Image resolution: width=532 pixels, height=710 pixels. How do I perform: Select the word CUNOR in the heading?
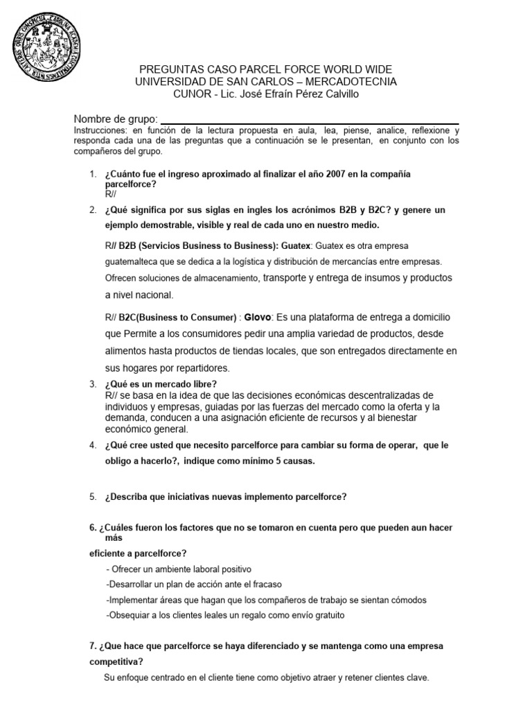click(190, 94)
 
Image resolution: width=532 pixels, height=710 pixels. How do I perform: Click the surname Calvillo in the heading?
click(337, 94)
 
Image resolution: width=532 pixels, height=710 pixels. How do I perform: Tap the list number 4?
click(93, 445)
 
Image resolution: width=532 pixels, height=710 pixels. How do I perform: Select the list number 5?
click(93, 496)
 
